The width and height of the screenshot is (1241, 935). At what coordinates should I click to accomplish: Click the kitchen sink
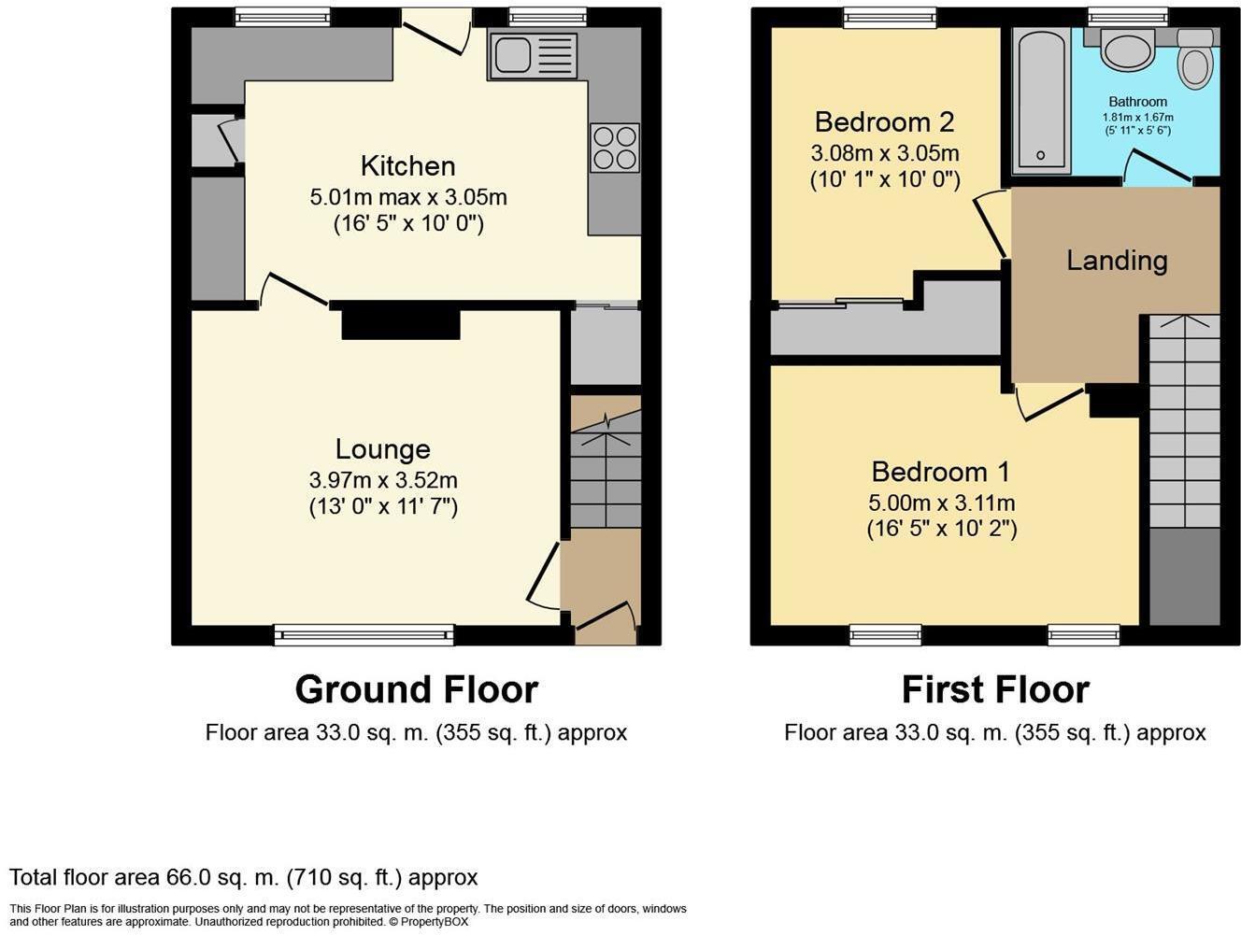click(532, 55)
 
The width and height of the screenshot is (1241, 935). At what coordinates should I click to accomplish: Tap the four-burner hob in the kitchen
click(615, 148)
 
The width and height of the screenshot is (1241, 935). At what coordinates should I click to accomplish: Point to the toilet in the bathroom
click(1194, 60)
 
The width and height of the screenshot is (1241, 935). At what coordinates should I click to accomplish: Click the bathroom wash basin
click(1129, 49)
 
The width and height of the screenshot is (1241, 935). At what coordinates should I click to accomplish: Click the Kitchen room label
click(407, 166)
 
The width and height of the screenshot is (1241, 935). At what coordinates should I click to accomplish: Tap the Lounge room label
click(382, 449)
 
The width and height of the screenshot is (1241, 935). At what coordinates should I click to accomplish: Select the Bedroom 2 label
click(884, 122)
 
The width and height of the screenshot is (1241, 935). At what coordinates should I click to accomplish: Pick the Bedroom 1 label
click(941, 472)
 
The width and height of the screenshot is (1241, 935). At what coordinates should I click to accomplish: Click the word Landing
click(1117, 261)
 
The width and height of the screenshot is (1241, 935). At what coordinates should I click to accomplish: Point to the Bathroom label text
click(1137, 102)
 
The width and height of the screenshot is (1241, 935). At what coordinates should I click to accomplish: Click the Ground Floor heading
click(416, 690)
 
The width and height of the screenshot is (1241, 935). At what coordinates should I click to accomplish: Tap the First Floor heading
click(995, 690)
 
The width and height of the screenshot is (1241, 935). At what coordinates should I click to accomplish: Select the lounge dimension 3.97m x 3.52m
click(383, 481)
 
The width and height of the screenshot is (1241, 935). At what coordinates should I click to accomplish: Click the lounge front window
click(364, 635)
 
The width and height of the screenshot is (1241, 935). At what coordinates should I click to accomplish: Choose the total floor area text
click(244, 878)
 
